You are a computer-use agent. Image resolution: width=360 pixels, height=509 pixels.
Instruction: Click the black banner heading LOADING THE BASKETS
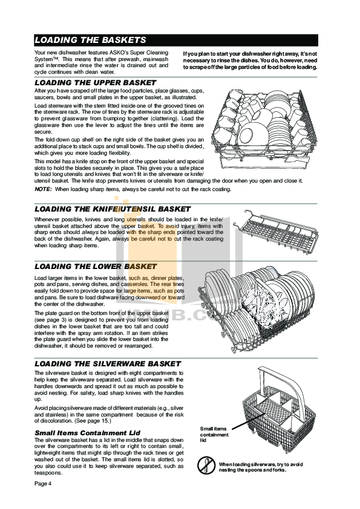point(90,41)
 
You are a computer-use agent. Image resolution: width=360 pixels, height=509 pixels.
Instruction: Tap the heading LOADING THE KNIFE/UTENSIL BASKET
point(112,209)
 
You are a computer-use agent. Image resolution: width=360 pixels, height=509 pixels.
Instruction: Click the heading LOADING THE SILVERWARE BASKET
point(108,364)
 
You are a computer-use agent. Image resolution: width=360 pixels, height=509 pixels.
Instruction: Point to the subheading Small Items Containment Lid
point(88,433)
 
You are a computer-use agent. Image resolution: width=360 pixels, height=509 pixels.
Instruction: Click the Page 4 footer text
point(43,484)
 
